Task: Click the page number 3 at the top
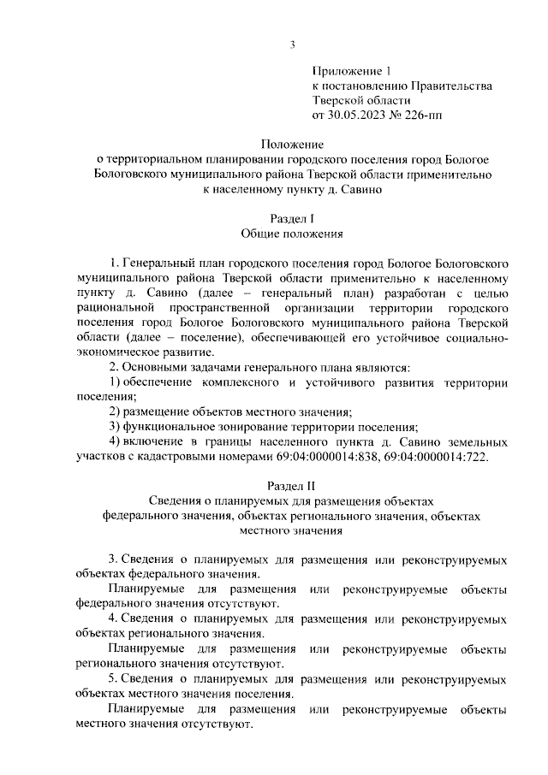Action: point(292,45)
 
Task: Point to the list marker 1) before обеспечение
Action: point(116,382)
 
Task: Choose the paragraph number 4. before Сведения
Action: point(115,618)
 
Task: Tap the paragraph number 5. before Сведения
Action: point(115,678)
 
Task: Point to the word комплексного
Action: point(243,382)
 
